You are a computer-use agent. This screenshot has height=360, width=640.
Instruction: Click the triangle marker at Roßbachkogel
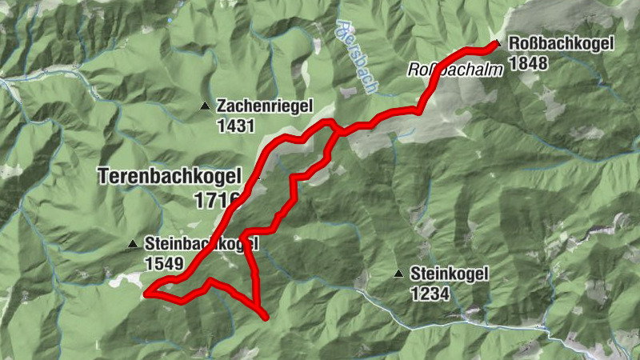click(498, 44)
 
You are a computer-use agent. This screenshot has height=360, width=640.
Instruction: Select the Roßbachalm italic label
click(457, 70)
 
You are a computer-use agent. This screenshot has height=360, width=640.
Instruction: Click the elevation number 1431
click(235, 126)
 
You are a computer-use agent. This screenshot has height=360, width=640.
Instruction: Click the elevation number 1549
click(165, 262)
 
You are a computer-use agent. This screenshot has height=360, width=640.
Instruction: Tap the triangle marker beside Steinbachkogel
click(133, 243)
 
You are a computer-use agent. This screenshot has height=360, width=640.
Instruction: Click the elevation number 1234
click(430, 294)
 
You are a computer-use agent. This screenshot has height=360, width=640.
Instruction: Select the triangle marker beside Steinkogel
click(398, 274)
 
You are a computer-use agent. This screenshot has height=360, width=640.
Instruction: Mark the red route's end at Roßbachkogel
click(490, 42)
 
